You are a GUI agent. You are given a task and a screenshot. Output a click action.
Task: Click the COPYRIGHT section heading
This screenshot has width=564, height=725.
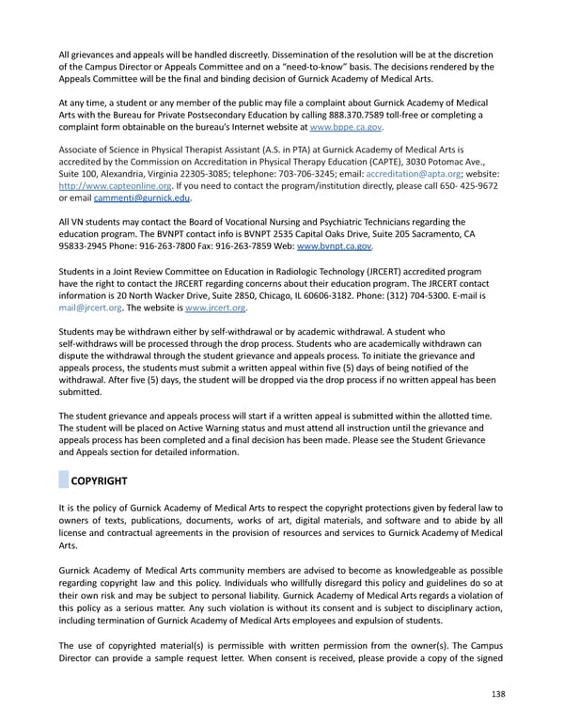tap(99, 481)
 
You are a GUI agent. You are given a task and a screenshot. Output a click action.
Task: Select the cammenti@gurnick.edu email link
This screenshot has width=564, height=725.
tap(143, 197)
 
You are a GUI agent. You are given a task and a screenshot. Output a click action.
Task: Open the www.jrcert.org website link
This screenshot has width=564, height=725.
tap(218, 307)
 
